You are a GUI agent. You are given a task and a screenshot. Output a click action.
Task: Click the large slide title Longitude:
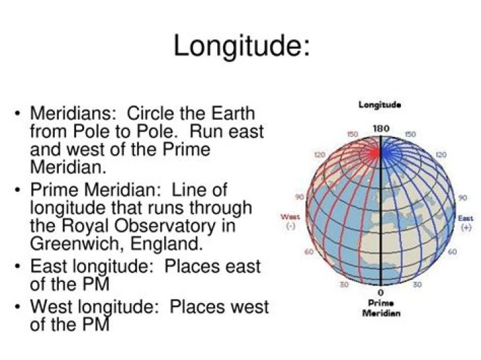pyautogui.click(x=241, y=46)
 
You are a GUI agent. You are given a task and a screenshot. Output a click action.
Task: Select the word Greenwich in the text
pyautogui.click(x=74, y=242)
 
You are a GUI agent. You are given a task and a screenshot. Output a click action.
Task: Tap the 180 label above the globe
pyautogui.click(x=381, y=128)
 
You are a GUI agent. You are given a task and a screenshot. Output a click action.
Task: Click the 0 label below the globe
pyautogui.click(x=381, y=293)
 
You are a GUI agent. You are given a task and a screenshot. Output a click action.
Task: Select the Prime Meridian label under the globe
pyautogui.click(x=381, y=308)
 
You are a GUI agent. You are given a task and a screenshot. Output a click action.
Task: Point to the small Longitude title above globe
pyautogui.click(x=380, y=105)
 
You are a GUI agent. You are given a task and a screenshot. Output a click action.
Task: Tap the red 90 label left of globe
pyautogui.click(x=300, y=198)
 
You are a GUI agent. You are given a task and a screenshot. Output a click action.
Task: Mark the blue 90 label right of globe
pyautogui.click(x=462, y=198)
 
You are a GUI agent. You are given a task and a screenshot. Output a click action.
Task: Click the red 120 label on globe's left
pyautogui.click(x=319, y=154)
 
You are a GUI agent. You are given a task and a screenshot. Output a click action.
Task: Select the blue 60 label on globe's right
pyautogui.click(x=452, y=252)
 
